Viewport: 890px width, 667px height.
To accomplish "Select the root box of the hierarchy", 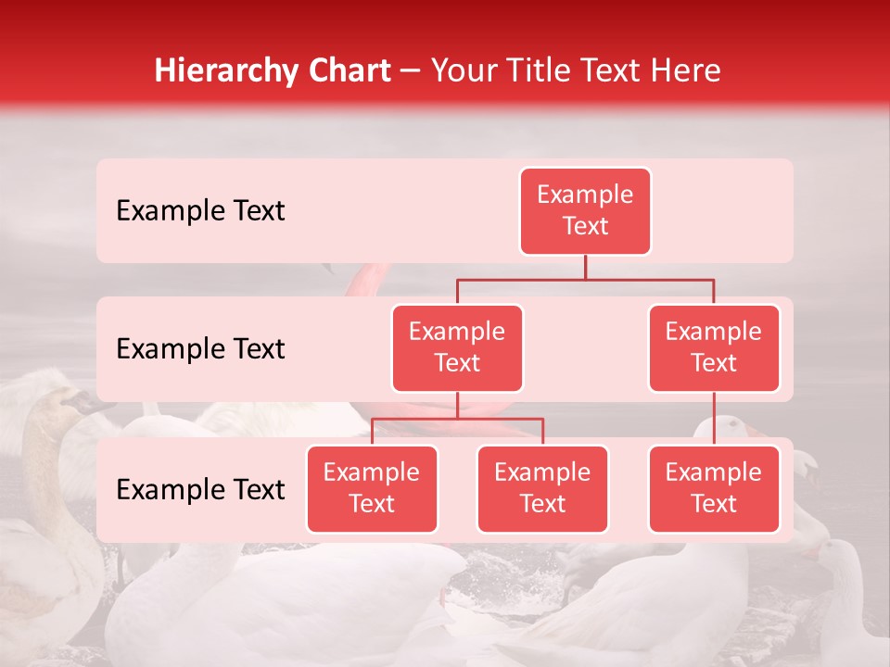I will pos(585,211).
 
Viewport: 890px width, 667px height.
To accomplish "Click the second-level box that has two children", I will pos(457,348).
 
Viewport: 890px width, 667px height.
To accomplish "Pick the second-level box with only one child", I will pos(714,348).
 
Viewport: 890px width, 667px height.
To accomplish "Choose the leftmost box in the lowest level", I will pos(372,489).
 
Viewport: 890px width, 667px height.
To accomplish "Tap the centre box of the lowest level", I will pos(542,489).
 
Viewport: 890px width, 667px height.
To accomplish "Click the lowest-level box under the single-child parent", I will pos(714,489).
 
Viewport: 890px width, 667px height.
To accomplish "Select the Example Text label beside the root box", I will pos(200,211).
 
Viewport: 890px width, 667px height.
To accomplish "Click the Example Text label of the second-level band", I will pos(200,349).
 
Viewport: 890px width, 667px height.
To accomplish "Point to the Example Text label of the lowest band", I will pos(200,490).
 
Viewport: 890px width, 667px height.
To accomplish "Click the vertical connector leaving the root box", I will pos(585,267).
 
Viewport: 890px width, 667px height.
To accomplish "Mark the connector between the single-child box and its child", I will pos(714,419).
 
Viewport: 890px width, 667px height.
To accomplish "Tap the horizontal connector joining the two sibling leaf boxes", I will pos(457,419).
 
